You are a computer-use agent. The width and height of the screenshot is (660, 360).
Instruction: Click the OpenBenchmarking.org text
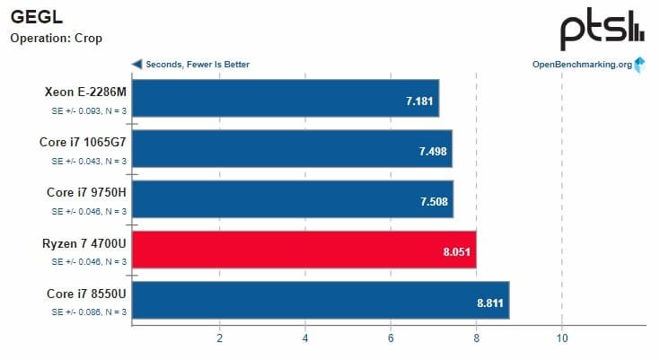point(582,65)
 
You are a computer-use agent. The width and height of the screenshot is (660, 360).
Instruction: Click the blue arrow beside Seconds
point(136,65)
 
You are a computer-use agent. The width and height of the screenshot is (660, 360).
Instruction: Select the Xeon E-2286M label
point(84,92)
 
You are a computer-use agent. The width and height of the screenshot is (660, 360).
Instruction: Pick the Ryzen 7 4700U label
point(84,242)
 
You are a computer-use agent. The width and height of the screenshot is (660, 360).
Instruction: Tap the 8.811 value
point(491,302)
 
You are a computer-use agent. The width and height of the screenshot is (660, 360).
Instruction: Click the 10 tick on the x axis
point(561,338)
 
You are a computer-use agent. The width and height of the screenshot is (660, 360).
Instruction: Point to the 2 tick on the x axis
point(219,338)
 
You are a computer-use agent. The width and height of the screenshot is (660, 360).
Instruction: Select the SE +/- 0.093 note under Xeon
point(88,110)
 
